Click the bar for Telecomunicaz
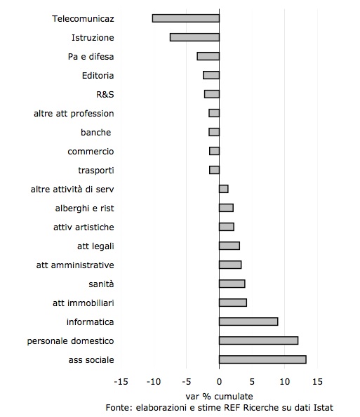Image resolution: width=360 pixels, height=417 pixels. [x=186, y=18]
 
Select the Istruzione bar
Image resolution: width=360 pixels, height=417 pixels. [x=194, y=37]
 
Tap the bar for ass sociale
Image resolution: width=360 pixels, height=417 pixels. [x=262, y=359]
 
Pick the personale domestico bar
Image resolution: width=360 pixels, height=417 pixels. [x=258, y=340]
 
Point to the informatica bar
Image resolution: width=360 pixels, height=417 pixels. [x=248, y=322]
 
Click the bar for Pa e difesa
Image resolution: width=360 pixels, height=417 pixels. [x=208, y=56]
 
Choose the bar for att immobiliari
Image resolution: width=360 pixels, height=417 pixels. [x=233, y=303]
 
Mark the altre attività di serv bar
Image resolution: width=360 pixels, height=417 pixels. [x=224, y=189]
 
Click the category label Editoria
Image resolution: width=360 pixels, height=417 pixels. [x=98, y=76]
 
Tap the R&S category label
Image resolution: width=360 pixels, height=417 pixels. [x=105, y=94]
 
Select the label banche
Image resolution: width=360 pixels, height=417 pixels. [x=95, y=132]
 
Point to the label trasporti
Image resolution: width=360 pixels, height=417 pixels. [x=96, y=170]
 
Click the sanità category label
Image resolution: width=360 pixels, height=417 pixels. [x=101, y=284]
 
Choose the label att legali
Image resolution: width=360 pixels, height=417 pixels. [x=95, y=246]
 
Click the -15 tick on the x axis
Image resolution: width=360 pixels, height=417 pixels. [x=121, y=382]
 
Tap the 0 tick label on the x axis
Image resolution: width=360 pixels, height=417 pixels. [x=219, y=382]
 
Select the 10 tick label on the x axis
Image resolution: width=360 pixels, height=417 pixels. [x=284, y=382]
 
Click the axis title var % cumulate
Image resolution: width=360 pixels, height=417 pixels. [x=219, y=396]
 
